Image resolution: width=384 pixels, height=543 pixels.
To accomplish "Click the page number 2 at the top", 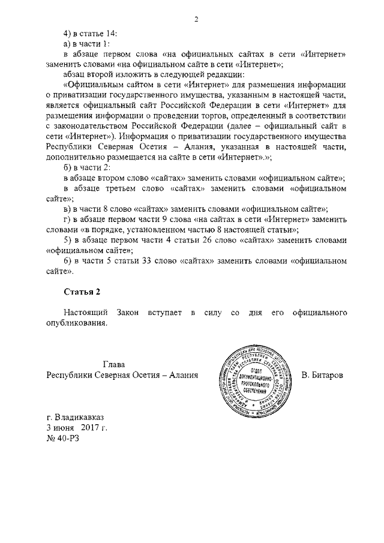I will [196, 19].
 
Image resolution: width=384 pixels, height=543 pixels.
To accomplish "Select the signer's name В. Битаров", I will [323, 376].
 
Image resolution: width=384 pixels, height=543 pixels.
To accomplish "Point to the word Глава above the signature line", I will [113, 364].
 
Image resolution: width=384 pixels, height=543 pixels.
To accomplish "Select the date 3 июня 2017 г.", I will [77, 427].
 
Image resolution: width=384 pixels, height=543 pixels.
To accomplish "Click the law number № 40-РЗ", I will [62, 438].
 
